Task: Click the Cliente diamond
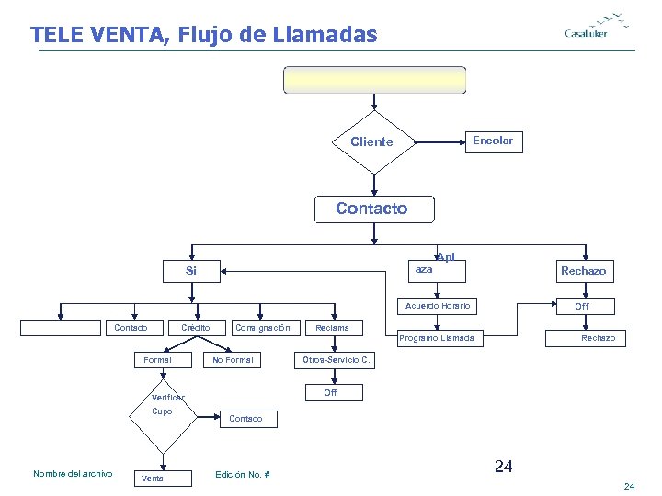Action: point(371,141)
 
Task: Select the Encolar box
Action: point(492,141)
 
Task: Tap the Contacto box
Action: point(371,209)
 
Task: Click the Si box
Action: point(191,271)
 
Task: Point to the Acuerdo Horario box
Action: point(438,305)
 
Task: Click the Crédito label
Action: point(195,328)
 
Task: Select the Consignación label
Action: point(262,328)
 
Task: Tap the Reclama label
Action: point(332,328)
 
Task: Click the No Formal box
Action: point(233,360)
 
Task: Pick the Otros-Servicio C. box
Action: point(337,360)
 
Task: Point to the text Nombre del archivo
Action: point(73,474)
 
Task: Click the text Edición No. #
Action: point(242,474)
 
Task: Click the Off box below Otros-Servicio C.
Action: point(331,393)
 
